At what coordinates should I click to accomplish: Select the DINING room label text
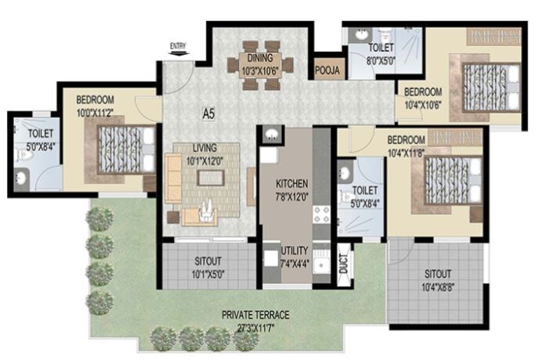coord(260,58)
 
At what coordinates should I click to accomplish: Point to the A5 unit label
coord(208,113)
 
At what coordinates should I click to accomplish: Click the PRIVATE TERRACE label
coord(256,315)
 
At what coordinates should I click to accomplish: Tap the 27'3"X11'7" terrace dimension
coord(256,325)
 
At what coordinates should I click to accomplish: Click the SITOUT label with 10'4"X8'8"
coord(438,274)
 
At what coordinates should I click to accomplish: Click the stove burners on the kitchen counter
coord(320,213)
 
